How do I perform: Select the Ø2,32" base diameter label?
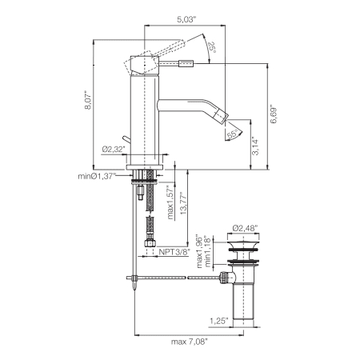[113, 149]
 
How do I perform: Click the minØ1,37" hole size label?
[97, 175]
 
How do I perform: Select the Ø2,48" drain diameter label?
[245, 227]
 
